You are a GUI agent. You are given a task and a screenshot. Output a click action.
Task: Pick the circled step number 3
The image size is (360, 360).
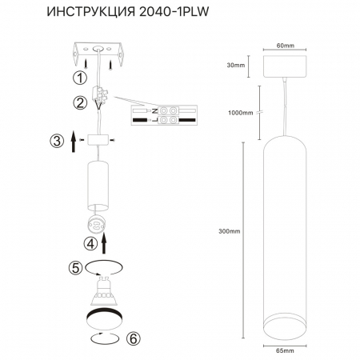click(x=56, y=142)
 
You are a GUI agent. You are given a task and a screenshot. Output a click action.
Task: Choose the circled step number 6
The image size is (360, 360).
click(x=133, y=339)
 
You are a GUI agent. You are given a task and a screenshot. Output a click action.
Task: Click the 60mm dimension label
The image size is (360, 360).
click(x=275, y=45)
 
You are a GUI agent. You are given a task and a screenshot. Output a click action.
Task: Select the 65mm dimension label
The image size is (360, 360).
click(x=275, y=349)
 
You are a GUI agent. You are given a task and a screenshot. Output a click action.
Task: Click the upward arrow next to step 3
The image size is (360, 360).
click(x=73, y=143)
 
